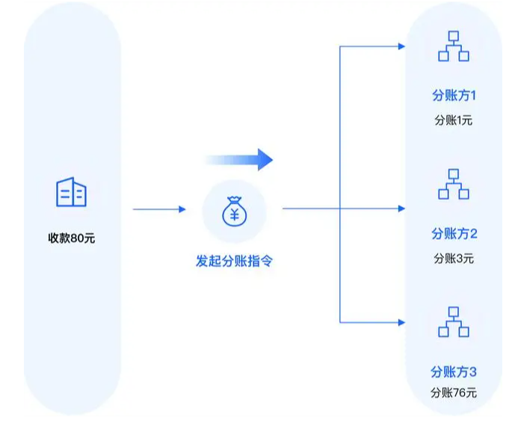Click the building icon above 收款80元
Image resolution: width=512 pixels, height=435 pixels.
pos(72,192)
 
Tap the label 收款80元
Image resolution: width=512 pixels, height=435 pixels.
pos(72,239)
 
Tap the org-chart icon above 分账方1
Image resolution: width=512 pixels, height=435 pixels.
pos(453,46)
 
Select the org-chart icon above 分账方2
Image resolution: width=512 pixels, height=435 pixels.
pos(453,184)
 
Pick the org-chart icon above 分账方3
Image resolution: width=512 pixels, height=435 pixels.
pos(453,321)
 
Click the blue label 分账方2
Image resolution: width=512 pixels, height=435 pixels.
pos(454,234)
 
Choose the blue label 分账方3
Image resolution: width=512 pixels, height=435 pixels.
pos(454,371)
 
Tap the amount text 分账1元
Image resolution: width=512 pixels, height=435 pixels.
pos(454,120)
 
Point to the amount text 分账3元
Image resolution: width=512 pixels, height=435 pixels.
pos(454,259)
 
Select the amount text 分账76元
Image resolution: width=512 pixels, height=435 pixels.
pos(454,392)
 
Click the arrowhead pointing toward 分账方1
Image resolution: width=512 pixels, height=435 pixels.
pos(401,46)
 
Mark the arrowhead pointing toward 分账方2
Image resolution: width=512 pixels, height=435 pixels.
pos(401,209)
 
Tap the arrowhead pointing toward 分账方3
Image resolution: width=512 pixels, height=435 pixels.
pos(401,322)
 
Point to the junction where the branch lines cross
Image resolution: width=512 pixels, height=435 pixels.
pos(341,209)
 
